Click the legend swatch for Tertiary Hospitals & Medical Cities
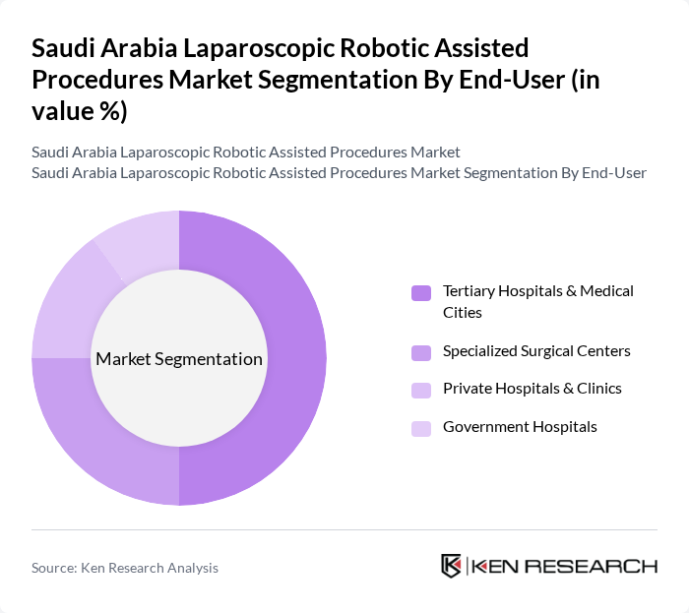421,292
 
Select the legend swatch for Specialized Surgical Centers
421,351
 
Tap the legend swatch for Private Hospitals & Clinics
421,390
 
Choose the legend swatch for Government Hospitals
421,428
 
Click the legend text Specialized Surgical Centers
536,350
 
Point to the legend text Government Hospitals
520,427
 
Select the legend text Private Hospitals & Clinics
532,389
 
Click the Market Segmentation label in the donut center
179,359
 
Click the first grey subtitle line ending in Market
246,153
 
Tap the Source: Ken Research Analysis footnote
125,568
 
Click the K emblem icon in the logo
452,566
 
